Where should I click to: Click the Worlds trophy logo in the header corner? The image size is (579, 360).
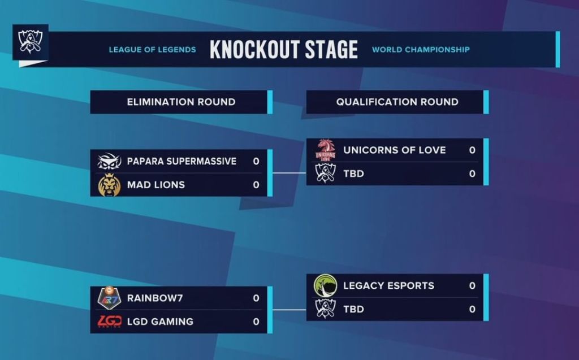[30, 42]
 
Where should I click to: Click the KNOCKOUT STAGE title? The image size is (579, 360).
[283, 50]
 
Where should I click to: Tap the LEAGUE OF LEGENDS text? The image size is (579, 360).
[152, 50]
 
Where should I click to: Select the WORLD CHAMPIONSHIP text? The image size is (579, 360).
[421, 50]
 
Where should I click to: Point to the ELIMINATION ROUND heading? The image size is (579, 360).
[181, 102]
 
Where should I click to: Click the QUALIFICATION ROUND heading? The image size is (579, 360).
[397, 102]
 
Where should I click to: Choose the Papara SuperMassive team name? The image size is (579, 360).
[182, 161]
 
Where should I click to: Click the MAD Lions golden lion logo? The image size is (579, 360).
[109, 185]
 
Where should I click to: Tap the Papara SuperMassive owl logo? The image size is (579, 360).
[109, 162]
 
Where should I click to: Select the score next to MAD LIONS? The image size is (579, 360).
[256, 185]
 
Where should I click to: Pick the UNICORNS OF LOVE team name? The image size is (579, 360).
[394, 150]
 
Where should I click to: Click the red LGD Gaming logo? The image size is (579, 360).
[109, 322]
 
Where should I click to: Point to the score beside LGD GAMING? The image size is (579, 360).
[256, 322]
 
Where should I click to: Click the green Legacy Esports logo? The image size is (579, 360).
[325, 286]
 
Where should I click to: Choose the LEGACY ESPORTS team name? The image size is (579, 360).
[388, 286]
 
